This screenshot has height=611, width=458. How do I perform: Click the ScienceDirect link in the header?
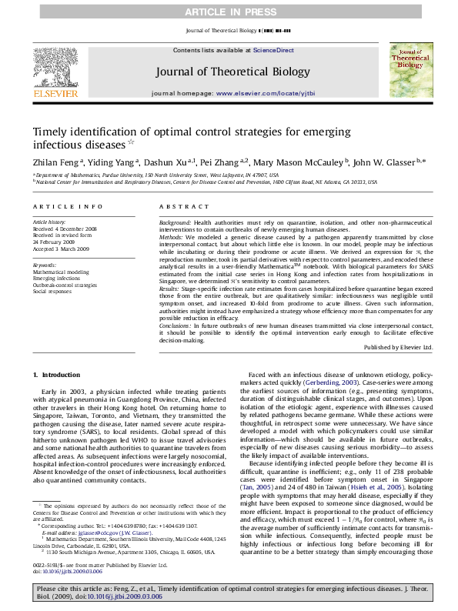tap(274, 50)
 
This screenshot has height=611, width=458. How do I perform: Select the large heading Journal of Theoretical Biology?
tap(222, 72)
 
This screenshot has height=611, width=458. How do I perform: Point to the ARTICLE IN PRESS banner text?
tap(229, 12)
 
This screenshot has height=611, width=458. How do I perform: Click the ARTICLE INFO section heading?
tap(68, 207)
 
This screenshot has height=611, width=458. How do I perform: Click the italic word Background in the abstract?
tap(175, 222)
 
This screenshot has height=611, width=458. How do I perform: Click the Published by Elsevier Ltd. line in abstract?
tap(397, 348)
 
